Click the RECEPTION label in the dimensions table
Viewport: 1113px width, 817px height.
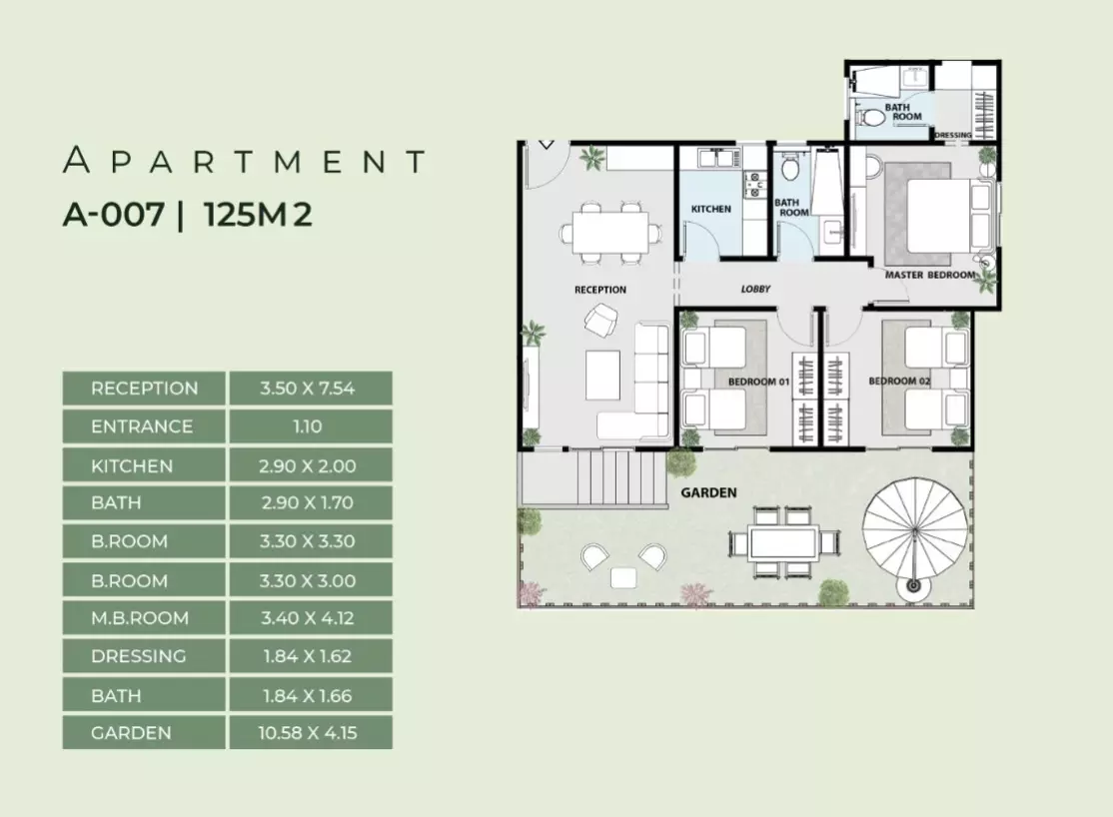pyautogui.click(x=144, y=389)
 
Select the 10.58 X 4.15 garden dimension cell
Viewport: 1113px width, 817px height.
pyautogui.click(x=308, y=732)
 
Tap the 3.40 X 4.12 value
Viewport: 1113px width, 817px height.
pyautogui.click(x=308, y=617)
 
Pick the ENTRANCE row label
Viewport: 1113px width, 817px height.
pyautogui.click(x=142, y=426)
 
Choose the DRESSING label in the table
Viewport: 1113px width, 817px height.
pyautogui.click(x=139, y=656)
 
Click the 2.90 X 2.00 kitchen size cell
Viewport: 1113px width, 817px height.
pyautogui.click(x=308, y=466)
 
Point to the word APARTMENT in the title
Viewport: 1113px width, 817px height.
pyautogui.click(x=244, y=161)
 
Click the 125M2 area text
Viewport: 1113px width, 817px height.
pyautogui.click(x=258, y=214)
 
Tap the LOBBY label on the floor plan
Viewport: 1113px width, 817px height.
pyautogui.click(x=755, y=289)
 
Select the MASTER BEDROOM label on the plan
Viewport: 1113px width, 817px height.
pyautogui.click(x=930, y=275)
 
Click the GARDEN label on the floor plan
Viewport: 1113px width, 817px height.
pyautogui.click(x=708, y=492)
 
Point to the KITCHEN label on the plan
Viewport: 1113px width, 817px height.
pyautogui.click(x=711, y=209)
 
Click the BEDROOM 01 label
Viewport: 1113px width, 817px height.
pyautogui.click(x=758, y=382)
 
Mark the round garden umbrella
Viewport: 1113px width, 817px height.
pyautogui.click(x=915, y=531)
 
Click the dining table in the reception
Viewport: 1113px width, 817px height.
pyautogui.click(x=611, y=232)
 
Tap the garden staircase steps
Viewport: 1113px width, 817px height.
pyautogui.click(x=622, y=479)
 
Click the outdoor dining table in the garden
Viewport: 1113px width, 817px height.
pyautogui.click(x=784, y=543)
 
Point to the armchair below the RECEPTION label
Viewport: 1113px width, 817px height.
pyautogui.click(x=601, y=320)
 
